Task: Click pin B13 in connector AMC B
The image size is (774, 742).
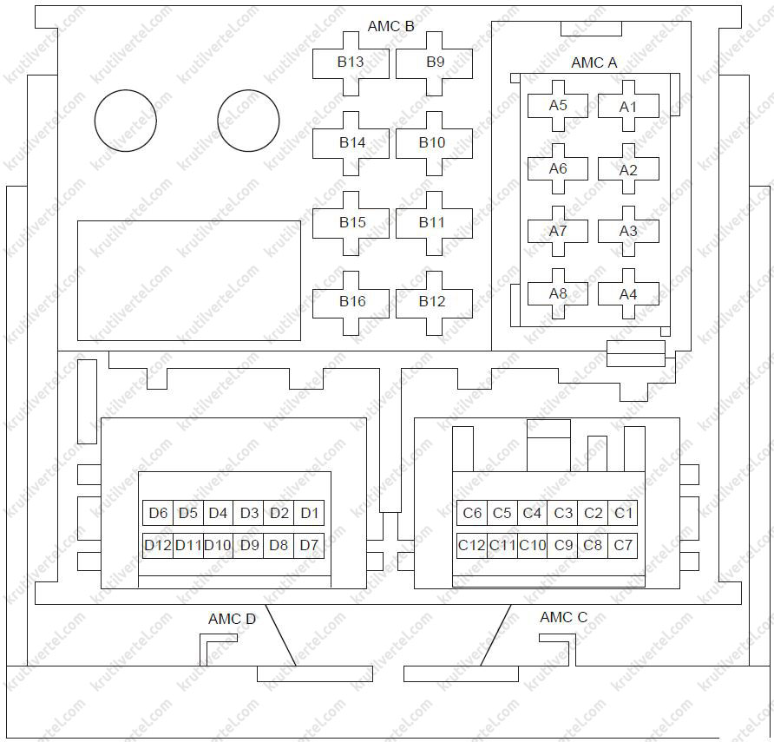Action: [351, 63]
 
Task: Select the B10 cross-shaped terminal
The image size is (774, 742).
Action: [434, 144]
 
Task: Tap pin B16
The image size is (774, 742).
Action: [351, 303]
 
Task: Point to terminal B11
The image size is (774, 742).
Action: [434, 223]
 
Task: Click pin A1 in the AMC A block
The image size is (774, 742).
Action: [628, 106]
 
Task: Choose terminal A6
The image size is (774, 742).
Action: [558, 169]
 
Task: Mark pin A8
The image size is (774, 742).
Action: [558, 293]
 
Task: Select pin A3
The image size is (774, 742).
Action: [628, 231]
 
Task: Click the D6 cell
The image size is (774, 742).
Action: [158, 513]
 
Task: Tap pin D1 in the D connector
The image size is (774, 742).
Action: [309, 513]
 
